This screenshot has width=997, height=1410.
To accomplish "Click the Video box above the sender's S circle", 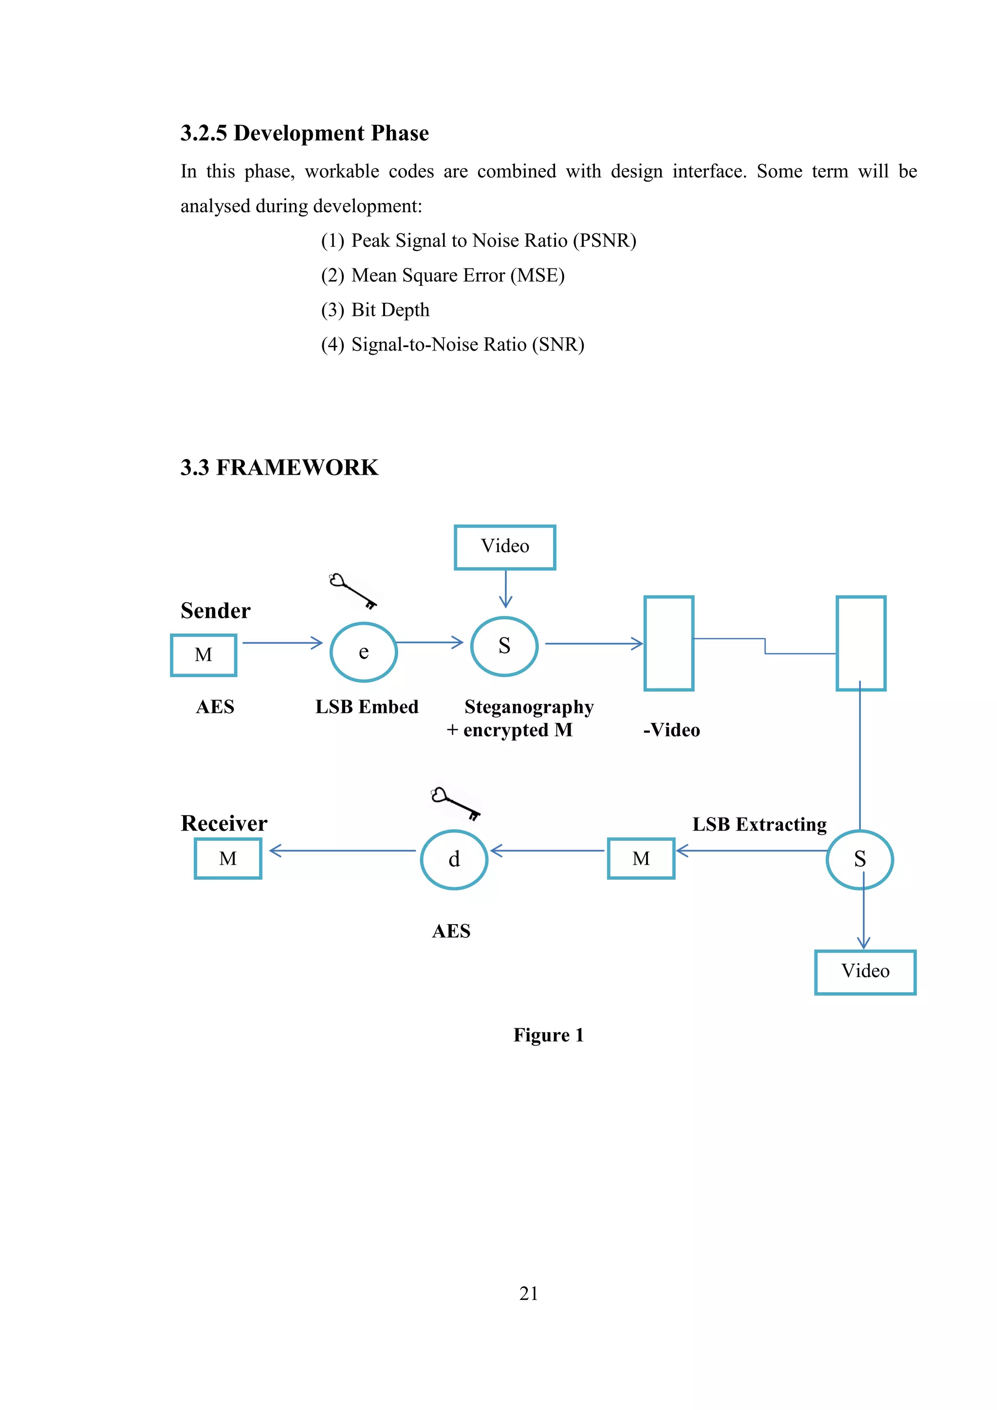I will pyautogui.click(x=505, y=547).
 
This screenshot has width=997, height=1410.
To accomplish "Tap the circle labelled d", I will pyautogui.click(x=454, y=859).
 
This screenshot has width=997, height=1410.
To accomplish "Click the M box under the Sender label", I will pyautogui.click(x=203, y=655).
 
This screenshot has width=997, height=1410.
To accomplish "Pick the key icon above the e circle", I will pyautogui.click(x=352, y=590).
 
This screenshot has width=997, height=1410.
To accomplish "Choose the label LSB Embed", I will pyautogui.click(x=367, y=707).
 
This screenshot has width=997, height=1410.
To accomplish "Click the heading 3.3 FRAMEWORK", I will pyautogui.click(x=279, y=467).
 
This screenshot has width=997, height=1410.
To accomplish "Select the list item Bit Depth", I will pyautogui.click(x=390, y=310).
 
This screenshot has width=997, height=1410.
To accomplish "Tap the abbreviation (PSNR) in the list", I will pyautogui.click(x=604, y=240).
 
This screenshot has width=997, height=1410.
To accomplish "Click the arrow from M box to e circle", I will pyautogui.click(x=282, y=643).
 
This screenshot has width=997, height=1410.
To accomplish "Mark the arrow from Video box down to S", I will pyautogui.click(x=505, y=588).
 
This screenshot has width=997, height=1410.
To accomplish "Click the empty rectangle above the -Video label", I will pyautogui.click(x=668, y=643).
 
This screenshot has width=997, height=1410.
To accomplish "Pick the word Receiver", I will pyautogui.click(x=224, y=823).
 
